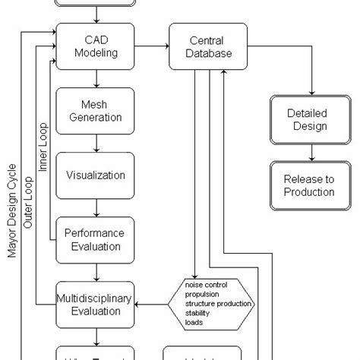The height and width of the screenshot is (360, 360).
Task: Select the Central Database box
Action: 201,46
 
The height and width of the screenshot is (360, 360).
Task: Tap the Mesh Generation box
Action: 96,111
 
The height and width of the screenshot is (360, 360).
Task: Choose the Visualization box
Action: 96,175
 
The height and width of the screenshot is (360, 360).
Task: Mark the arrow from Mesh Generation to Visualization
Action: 96,143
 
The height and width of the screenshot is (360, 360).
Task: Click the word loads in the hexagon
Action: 194,321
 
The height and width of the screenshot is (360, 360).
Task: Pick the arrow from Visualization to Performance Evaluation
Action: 96,207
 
